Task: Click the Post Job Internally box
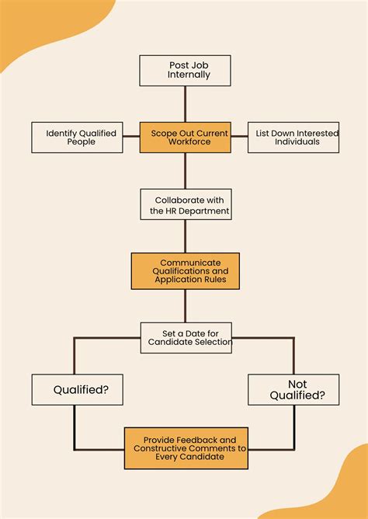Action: point(186,70)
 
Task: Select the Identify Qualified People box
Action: point(77,138)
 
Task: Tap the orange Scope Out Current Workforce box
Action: point(186,138)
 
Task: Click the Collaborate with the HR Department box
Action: point(186,204)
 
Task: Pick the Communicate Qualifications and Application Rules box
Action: point(186,271)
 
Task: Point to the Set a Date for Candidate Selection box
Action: point(186,337)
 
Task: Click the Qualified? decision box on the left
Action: point(77,389)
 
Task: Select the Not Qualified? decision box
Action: point(294,389)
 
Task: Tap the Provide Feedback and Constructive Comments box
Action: point(186,448)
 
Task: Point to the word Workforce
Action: point(189,142)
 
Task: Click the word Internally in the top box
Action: point(189,75)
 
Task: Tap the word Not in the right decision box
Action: point(297,384)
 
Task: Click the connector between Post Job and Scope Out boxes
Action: point(186,104)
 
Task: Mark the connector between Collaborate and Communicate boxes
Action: point(186,236)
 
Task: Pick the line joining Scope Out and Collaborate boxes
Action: point(186,171)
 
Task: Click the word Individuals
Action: point(297,142)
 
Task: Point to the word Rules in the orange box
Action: point(213,279)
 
